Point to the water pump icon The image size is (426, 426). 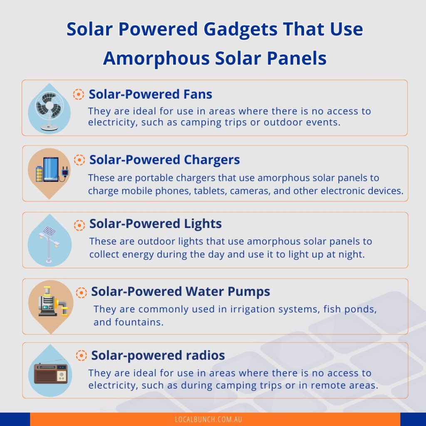pos(50,302)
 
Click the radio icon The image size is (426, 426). pos(51,373)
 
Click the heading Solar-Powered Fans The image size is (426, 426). pos(151,94)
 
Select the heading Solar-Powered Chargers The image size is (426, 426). pos(165,160)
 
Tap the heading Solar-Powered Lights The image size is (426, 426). pos(156,224)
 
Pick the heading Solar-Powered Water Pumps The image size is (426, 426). pos(181,292)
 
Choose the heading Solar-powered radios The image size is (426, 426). pos(158,356)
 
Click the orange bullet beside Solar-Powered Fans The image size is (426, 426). pos(78,94)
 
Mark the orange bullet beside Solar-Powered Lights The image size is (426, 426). pos(79,225)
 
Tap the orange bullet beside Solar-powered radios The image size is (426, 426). pos(81,356)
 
